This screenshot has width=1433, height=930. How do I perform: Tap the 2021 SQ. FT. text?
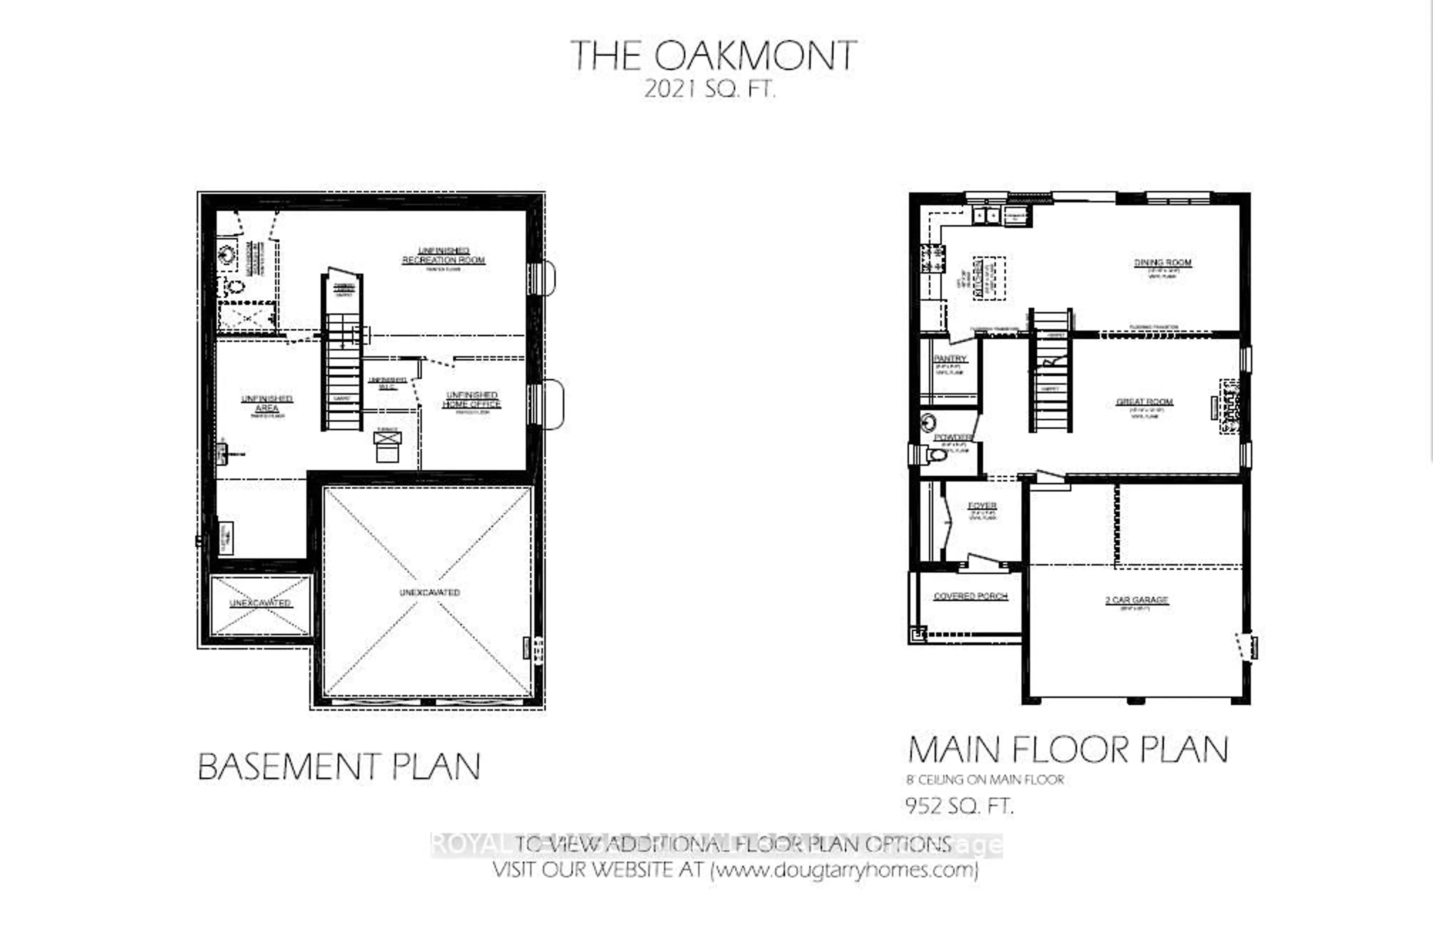[x=709, y=90]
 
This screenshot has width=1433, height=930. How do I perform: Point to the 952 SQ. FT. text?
[x=959, y=805]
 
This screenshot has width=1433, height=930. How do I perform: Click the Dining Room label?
[x=1162, y=263]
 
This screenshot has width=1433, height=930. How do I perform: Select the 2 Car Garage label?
[x=1136, y=600]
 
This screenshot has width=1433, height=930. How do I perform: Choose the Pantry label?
[x=949, y=359]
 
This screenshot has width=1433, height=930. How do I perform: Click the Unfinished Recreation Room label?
[x=444, y=255]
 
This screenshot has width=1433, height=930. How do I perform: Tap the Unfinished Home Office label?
[x=471, y=400]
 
